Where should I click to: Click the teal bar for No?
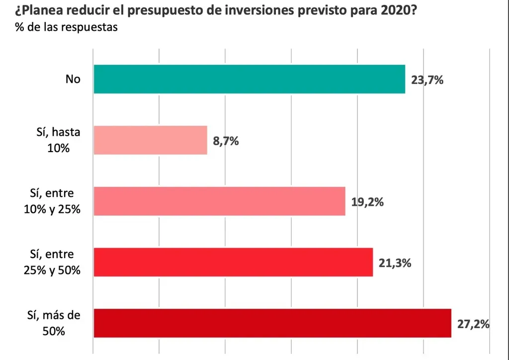pos(249,79)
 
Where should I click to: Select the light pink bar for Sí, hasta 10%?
pos(150,140)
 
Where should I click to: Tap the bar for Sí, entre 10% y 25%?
pos(219,201)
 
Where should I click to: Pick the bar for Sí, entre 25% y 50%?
pos(233,262)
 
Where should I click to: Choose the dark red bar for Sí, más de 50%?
pos(272,323)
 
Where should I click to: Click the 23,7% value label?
pos(426,79)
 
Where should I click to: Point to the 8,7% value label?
pos(226,141)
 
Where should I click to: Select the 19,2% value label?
pos(368,202)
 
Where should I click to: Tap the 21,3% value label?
pos(395,263)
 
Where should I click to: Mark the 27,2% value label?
pos(473,324)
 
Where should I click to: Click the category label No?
pos(73,79)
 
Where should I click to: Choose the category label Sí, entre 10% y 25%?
pos(52,201)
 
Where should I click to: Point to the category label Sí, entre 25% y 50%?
pos(52,263)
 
